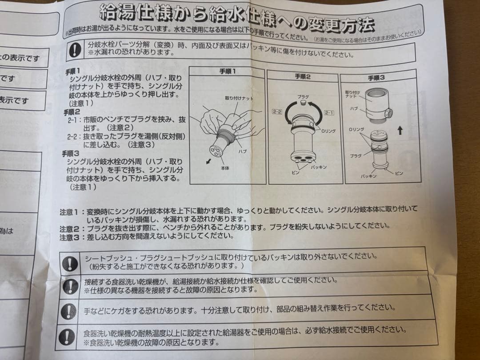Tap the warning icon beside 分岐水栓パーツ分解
[x=75, y=50]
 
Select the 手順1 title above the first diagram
[x=227, y=71]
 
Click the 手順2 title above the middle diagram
[x=302, y=76]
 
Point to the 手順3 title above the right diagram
[x=376, y=78]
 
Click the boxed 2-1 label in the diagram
[x=329, y=113]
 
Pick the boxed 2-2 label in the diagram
[x=277, y=111]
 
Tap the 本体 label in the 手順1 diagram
[x=225, y=168]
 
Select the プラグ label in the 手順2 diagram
[x=303, y=96]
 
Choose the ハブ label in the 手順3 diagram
[x=353, y=108]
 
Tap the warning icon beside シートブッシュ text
[x=70, y=263]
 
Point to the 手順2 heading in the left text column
[x=72, y=112]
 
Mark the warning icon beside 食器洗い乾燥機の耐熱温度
[x=68, y=336]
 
